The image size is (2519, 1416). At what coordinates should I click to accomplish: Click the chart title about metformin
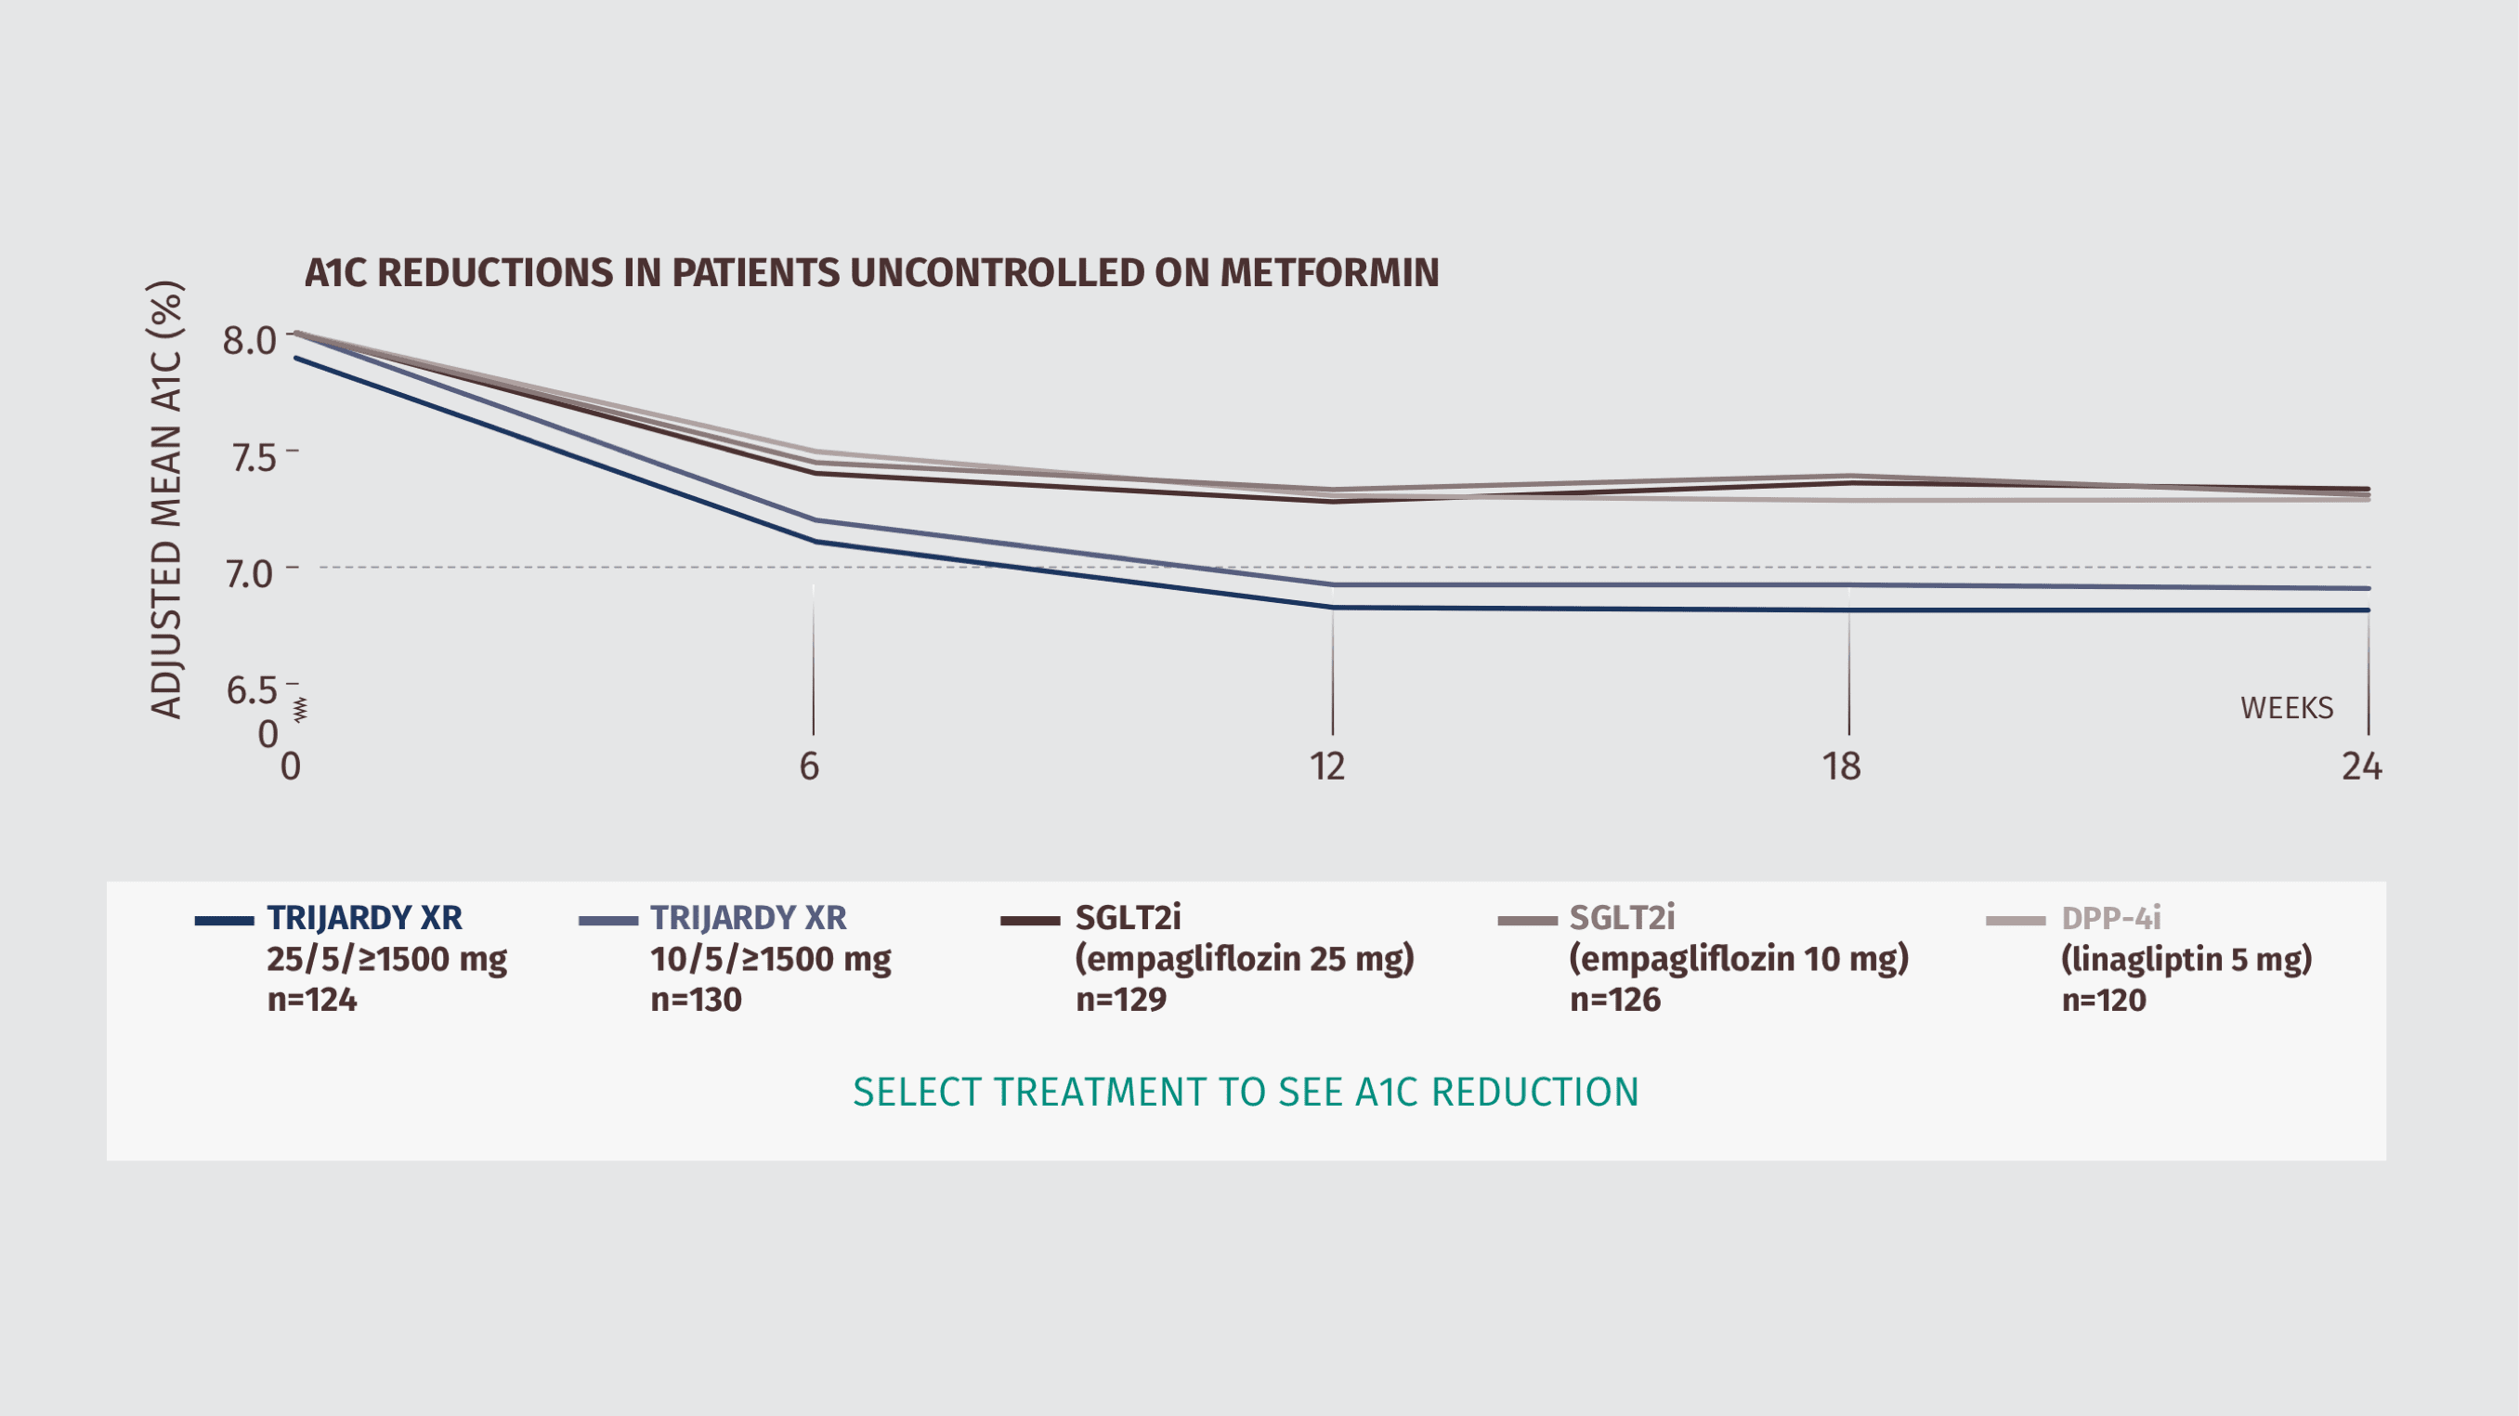click(x=871, y=273)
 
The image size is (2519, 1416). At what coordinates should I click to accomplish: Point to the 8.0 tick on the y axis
click(x=249, y=340)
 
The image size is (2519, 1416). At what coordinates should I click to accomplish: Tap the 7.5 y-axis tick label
click(x=254, y=457)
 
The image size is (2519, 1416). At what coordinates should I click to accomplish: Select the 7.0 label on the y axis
click(x=249, y=573)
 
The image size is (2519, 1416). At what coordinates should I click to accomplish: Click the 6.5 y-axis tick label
click(x=253, y=690)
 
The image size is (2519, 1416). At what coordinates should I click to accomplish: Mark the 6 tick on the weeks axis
click(x=810, y=767)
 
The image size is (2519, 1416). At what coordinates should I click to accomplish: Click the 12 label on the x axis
click(x=1327, y=767)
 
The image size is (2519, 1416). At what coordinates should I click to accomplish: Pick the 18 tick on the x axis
click(x=1841, y=767)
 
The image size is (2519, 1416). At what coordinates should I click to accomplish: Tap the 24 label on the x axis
click(x=2360, y=767)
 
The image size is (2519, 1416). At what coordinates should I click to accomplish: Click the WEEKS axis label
click(x=2286, y=708)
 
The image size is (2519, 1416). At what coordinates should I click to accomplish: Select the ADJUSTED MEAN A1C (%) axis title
click(x=166, y=500)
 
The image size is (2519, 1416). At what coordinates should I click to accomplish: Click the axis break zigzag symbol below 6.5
click(x=300, y=710)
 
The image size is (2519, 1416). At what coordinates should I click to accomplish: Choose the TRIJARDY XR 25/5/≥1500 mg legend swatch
click(x=224, y=920)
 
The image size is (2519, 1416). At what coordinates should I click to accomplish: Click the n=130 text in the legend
click(x=696, y=1000)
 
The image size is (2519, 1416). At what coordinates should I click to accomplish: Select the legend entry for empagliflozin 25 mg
click(x=1244, y=958)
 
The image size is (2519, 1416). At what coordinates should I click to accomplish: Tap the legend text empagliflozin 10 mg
click(x=1739, y=958)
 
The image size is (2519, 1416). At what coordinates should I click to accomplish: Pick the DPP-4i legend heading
click(x=2110, y=918)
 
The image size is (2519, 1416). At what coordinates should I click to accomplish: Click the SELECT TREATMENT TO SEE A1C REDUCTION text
click(x=1246, y=1093)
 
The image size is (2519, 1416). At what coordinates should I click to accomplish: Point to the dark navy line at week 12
click(x=1333, y=608)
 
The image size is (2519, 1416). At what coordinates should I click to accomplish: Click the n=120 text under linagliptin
click(x=2104, y=1000)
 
